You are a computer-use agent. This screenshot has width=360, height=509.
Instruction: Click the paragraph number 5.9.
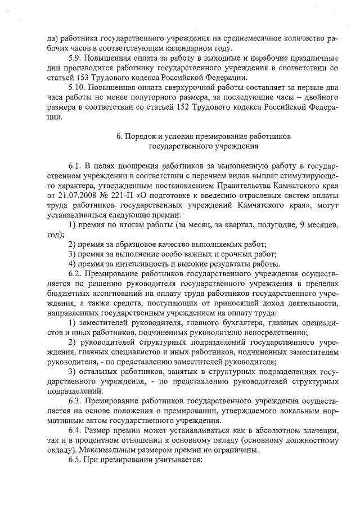pyautogui.click(x=75, y=59)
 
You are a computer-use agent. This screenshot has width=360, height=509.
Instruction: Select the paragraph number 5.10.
pyautogui.click(x=77, y=88)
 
